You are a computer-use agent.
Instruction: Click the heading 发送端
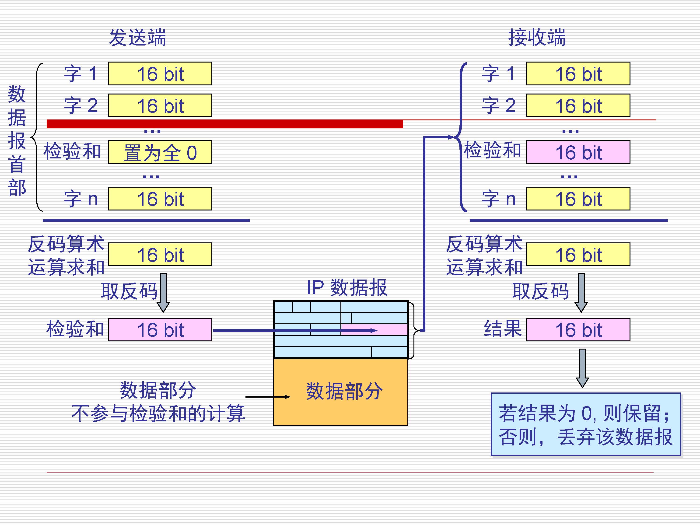pos(137,37)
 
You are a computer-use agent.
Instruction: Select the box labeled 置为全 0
pos(160,152)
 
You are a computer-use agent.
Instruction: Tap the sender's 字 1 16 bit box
pos(160,74)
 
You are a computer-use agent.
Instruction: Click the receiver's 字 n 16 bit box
pos(578,199)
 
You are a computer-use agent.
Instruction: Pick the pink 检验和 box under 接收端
pos(578,152)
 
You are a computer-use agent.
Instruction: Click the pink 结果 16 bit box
pos(578,330)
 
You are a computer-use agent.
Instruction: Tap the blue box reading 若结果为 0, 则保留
pos(585,424)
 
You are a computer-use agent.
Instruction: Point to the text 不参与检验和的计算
pos(158,413)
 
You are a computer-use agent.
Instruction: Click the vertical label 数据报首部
pos(17,141)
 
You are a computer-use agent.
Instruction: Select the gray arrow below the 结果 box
pos(582,368)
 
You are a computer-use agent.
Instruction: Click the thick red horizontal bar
pos(225,124)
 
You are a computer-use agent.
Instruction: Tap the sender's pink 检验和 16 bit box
pos(160,330)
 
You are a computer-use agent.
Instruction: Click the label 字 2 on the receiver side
pos(498,105)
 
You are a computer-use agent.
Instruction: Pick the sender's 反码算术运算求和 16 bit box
pos(160,254)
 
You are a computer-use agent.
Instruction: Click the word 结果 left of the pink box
pos(503,329)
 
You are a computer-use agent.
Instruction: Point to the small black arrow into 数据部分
pos(268,396)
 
